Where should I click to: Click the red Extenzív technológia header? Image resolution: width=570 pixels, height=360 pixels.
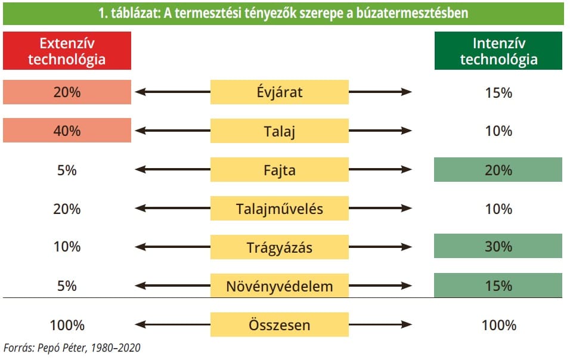pos(67,51)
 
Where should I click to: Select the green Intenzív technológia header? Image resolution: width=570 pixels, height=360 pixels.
pos(498,51)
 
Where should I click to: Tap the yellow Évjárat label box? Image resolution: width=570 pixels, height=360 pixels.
pos(280,92)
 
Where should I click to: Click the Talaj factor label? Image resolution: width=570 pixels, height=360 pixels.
pos(280,131)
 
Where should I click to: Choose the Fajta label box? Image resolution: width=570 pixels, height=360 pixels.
pos(280,170)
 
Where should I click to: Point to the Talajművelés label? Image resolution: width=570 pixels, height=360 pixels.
pos(280,208)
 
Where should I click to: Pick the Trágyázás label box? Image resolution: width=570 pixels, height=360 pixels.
pos(280,247)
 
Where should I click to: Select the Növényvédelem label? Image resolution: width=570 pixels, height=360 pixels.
pos(280,285)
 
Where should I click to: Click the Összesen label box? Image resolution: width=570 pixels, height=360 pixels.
pos(280,324)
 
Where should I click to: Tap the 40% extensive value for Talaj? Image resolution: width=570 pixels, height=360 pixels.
pos(67,130)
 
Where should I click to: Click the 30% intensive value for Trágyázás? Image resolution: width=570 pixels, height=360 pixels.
pos(498,246)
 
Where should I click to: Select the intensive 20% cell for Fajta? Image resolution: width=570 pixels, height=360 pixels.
pos(498,170)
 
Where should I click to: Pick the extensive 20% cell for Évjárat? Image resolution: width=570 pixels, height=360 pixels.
pos(67,92)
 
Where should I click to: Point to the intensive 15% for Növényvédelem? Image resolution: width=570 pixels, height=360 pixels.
pos(498,285)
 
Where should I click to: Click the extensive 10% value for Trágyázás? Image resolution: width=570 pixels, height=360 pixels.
pos(67,247)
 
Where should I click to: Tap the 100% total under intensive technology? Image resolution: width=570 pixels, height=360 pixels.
pos(498,325)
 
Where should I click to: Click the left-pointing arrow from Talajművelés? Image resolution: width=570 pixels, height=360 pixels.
pos(173,208)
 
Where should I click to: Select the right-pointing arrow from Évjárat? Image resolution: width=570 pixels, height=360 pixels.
pos(380,92)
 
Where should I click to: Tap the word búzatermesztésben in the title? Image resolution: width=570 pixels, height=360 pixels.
pos(412,13)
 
